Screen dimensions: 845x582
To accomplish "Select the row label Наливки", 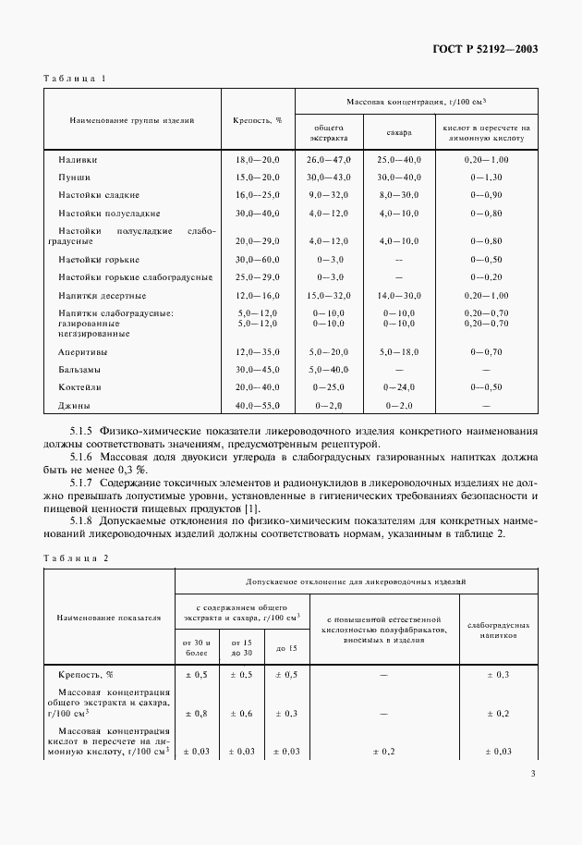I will pyautogui.click(x=78, y=160).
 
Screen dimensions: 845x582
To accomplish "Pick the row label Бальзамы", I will pyautogui.click(x=80, y=369).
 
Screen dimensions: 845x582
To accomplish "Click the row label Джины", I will pyautogui.click(x=74, y=405).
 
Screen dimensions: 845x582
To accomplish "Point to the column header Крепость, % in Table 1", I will pyautogui.click(x=258, y=120).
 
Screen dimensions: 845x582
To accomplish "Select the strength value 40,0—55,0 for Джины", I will pyautogui.click(x=258, y=405).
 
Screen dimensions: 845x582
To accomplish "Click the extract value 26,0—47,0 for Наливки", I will pyautogui.click(x=330, y=160).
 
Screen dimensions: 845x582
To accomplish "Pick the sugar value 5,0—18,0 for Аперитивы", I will pyautogui.click(x=399, y=352).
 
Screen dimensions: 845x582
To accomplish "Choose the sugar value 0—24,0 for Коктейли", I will pyautogui.click(x=399, y=387).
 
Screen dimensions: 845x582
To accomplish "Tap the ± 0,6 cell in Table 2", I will pyautogui.click(x=242, y=713).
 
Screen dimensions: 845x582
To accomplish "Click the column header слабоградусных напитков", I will pyautogui.click(x=500, y=631).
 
